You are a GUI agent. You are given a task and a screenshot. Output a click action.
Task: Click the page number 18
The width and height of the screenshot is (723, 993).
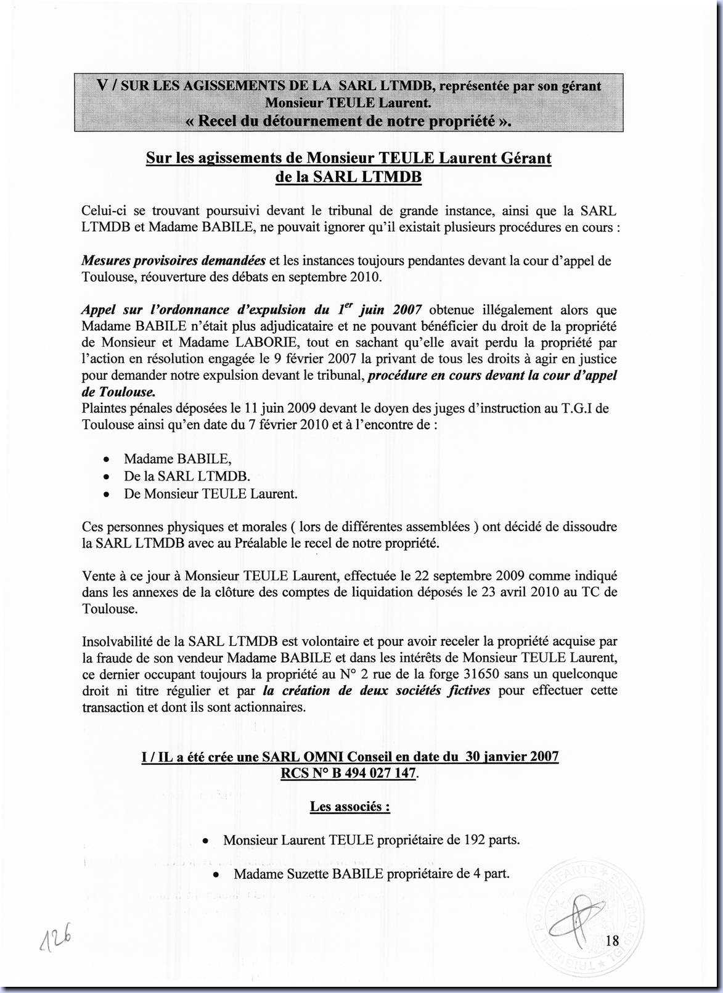612,940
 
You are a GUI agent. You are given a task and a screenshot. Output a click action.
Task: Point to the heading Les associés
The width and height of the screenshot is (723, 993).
349,806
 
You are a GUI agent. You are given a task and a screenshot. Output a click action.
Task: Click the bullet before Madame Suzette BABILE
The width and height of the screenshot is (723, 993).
216,875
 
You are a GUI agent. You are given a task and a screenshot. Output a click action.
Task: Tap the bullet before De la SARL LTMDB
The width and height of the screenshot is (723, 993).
107,477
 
